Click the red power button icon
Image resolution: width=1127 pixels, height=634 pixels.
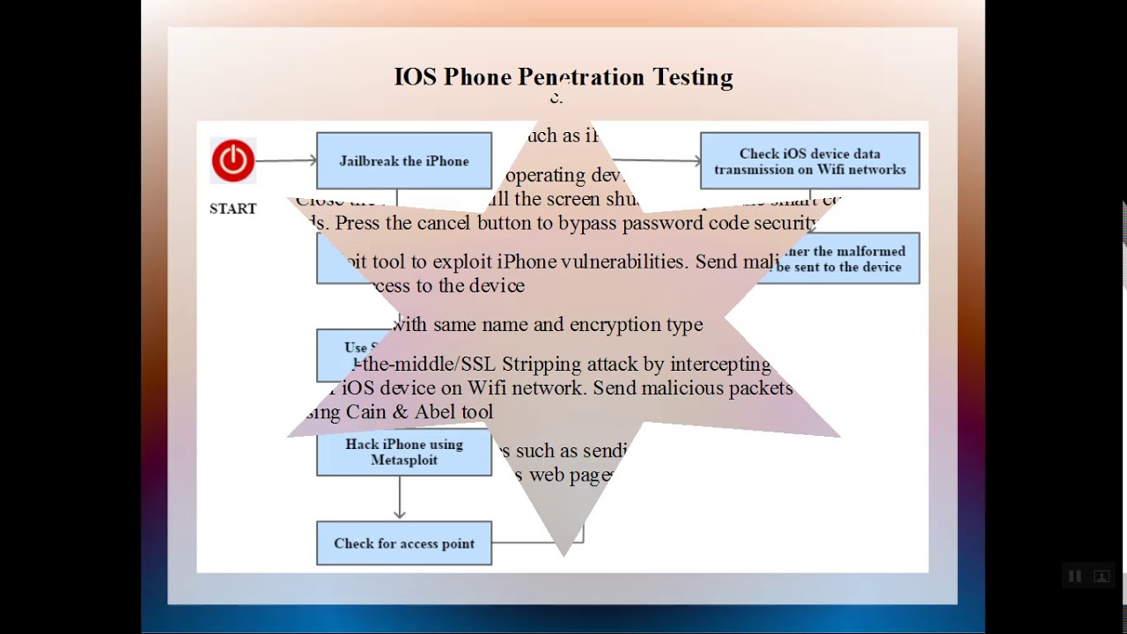click(233, 160)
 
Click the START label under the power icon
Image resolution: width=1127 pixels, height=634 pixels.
click(233, 209)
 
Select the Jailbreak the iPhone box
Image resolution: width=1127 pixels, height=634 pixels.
click(404, 161)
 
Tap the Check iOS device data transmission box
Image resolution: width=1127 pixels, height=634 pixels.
click(810, 161)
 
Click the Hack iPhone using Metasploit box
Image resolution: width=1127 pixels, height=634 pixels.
click(404, 453)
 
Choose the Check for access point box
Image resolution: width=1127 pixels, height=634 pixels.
click(404, 543)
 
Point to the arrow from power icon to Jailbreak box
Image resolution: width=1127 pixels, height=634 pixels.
click(286, 160)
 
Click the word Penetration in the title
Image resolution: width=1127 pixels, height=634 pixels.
click(581, 77)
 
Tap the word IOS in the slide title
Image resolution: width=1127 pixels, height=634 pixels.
click(415, 77)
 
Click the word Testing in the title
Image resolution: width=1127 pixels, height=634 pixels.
click(693, 77)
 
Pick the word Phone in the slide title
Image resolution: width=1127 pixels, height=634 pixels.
click(477, 77)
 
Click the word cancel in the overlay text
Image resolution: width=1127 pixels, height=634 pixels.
click(444, 223)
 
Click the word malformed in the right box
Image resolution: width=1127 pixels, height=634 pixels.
click(871, 252)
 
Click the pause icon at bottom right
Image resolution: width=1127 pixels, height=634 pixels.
click(1075, 577)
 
